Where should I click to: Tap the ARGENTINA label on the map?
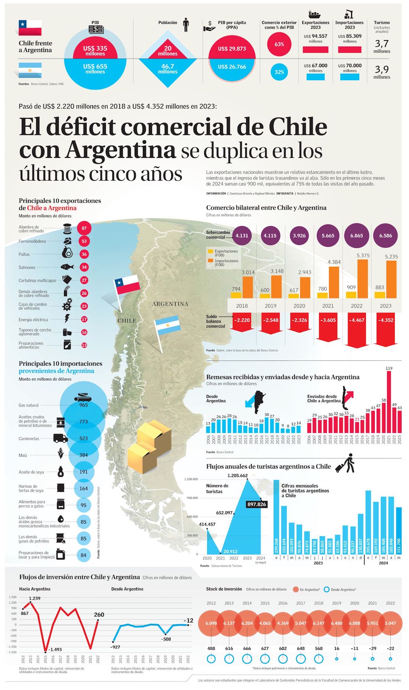tap(170, 304)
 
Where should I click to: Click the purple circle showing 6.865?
tap(356, 236)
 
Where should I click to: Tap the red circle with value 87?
tap(84, 228)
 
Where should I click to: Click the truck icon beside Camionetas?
tap(60, 438)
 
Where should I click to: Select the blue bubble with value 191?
tap(84, 472)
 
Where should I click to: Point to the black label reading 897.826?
tap(257, 504)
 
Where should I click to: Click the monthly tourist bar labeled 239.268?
tap(276, 516)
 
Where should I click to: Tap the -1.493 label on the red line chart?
tap(55, 649)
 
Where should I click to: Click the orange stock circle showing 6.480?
tap(336, 623)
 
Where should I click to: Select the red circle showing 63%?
tap(279, 44)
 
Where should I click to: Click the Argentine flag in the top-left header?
tap(30, 69)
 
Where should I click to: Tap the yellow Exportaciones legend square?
tap(210, 252)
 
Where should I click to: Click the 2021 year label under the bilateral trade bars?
tap(328, 306)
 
